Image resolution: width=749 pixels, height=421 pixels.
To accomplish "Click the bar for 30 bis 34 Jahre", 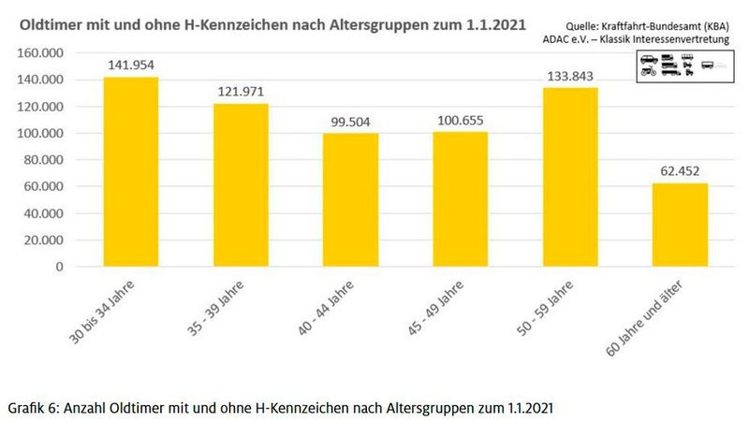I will (x=130, y=172).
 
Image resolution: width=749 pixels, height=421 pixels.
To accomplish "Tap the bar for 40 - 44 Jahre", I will (x=351, y=200).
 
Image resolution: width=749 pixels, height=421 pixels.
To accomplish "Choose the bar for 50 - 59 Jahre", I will (x=570, y=177).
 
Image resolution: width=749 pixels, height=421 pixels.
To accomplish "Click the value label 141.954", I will (x=130, y=65).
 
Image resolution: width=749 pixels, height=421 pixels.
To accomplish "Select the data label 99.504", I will (x=351, y=122).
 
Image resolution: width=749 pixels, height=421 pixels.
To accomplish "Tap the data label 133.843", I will (x=570, y=75).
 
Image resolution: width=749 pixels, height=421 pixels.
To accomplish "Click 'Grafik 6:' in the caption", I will (x=34, y=408).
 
